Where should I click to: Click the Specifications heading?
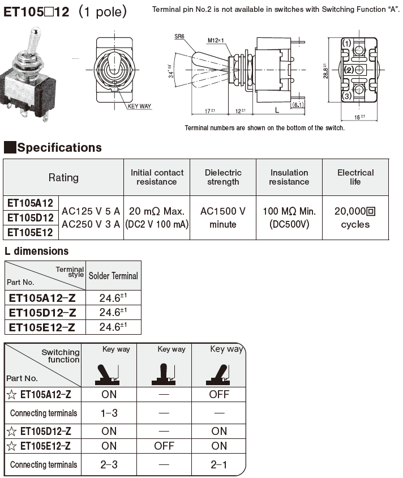(59, 148)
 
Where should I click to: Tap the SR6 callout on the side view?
(180, 36)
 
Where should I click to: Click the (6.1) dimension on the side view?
(298, 105)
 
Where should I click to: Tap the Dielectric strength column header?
(223, 177)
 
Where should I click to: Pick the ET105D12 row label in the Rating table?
(31, 218)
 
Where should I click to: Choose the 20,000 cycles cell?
(355, 217)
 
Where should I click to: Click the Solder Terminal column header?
(113, 276)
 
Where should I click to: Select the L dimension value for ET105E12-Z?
(113, 327)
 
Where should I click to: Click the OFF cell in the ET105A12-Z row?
(218, 394)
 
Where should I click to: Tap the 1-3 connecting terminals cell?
(109, 413)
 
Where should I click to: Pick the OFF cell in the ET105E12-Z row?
(164, 446)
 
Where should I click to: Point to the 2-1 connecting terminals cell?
(218, 464)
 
